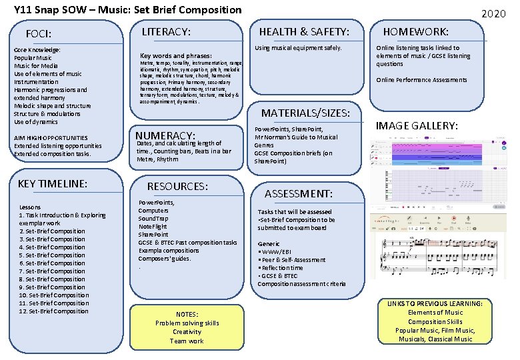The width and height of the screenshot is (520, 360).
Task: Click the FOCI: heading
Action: click(x=39, y=34)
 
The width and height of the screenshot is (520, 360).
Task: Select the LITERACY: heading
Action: click(x=167, y=31)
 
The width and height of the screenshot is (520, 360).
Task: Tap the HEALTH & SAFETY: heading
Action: click(x=304, y=31)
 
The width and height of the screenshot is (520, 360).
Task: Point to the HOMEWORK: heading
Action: click(x=415, y=31)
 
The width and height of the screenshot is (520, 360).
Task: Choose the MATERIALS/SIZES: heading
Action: click(x=305, y=113)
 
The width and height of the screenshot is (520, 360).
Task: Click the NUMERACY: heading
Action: click(x=165, y=135)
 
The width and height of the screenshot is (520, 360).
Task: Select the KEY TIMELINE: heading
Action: click(x=53, y=183)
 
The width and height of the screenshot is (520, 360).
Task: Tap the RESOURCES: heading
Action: click(x=177, y=186)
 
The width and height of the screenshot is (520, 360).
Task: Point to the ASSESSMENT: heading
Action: click(x=299, y=193)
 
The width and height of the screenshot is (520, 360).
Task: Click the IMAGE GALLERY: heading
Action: click(x=417, y=125)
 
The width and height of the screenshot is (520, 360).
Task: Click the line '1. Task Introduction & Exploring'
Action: click(x=63, y=215)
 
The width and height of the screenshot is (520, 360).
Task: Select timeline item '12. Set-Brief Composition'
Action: click(x=54, y=311)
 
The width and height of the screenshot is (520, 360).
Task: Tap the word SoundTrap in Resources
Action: click(x=153, y=219)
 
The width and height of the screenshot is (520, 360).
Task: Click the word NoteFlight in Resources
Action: click(x=153, y=227)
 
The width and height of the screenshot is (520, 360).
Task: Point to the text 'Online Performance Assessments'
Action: click(x=421, y=80)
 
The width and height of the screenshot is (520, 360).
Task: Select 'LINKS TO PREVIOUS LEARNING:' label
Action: click(x=435, y=304)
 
